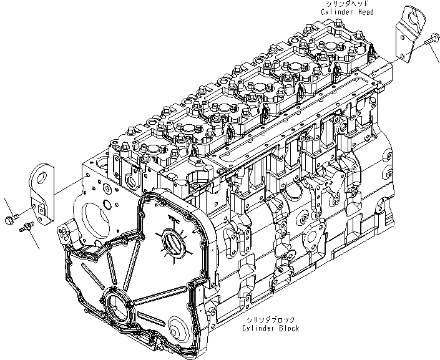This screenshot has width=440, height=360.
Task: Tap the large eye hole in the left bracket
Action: (x=42, y=175)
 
